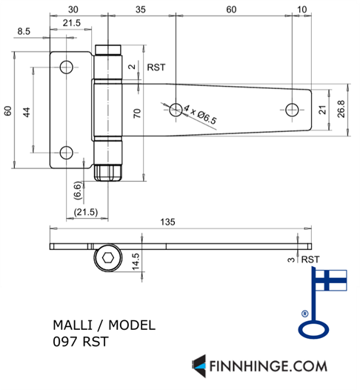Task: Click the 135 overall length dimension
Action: click(167, 222)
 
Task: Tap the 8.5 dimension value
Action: click(24, 31)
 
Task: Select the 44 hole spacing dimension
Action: click(27, 112)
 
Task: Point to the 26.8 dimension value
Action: click(341, 109)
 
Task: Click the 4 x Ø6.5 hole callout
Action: click(200, 114)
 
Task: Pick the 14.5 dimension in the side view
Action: click(136, 262)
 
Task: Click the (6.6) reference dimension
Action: click(78, 191)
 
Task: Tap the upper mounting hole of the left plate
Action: click(67, 67)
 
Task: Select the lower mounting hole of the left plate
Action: click(67, 153)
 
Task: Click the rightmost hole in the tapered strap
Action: click(292, 110)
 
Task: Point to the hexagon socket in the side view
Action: click(108, 258)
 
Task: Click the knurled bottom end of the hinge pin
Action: click(108, 173)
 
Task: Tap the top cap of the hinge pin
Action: click(108, 50)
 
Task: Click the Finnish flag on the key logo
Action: click(331, 280)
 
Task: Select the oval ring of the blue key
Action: click(313, 329)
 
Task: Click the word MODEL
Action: click(132, 325)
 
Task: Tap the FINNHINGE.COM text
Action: click(268, 366)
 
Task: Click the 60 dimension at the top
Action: click(231, 10)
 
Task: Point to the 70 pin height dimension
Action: click(137, 113)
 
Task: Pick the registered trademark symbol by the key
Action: click(305, 314)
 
